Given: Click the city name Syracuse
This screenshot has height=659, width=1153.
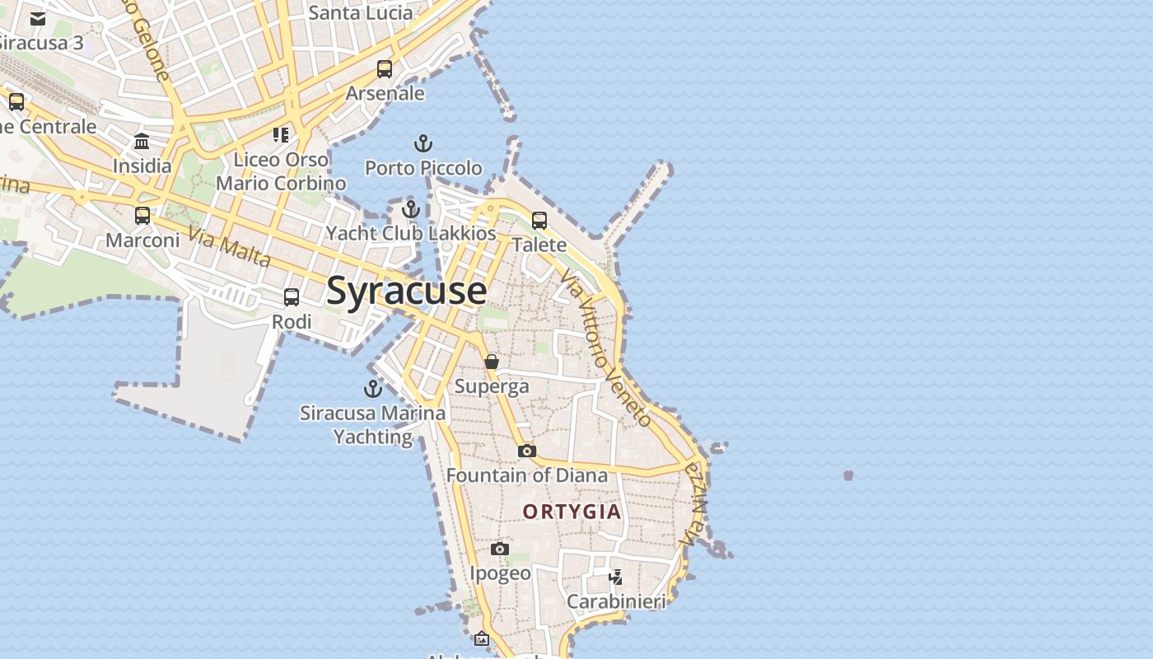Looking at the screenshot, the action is pyautogui.click(x=407, y=292).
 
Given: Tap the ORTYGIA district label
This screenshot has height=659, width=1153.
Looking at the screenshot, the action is pyautogui.click(x=572, y=512).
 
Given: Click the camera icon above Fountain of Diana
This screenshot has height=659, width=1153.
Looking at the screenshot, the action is pyautogui.click(x=527, y=451).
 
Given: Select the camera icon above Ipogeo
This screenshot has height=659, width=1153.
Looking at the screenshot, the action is pyautogui.click(x=500, y=549).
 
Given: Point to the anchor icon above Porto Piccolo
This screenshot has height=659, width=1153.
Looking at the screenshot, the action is pyautogui.click(x=422, y=144).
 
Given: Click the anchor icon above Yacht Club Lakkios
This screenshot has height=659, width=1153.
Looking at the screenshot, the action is pyautogui.click(x=411, y=209).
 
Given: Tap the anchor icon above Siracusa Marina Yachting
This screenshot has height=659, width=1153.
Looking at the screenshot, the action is pyautogui.click(x=373, y=389).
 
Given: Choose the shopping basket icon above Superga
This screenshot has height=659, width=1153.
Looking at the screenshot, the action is pyautogui.click(x=492, y=362).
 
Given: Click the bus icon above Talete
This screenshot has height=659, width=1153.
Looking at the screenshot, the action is pyautogui.click(x=539, y=221).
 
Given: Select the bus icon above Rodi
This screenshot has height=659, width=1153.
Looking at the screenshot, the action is pyautogui.click(x=292, y=297).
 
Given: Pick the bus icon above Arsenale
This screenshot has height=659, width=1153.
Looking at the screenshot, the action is pyautogui.click(x=385, y=69).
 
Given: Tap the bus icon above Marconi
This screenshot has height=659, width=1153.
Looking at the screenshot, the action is pyautogui.click(x=142, y=216).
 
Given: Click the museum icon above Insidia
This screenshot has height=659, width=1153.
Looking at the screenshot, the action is pyautogui.click(x=142, y=141).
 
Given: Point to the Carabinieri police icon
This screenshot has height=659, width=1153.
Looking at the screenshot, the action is pyautogui.click(x=616, y=577).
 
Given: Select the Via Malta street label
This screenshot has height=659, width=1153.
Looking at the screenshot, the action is pyautogui.click(x=230, y=247).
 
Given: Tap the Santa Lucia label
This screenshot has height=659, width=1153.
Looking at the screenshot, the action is pyautogui.click(x=360, y=12).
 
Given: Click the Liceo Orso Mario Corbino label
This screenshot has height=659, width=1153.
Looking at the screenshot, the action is pyautogui.click(x=281, y=171).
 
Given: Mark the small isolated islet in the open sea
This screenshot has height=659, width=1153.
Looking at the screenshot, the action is pyautogui.click(x=848, y=475).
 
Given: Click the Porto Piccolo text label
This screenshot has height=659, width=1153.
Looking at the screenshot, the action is pyautogui.click(x=423, y=168).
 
